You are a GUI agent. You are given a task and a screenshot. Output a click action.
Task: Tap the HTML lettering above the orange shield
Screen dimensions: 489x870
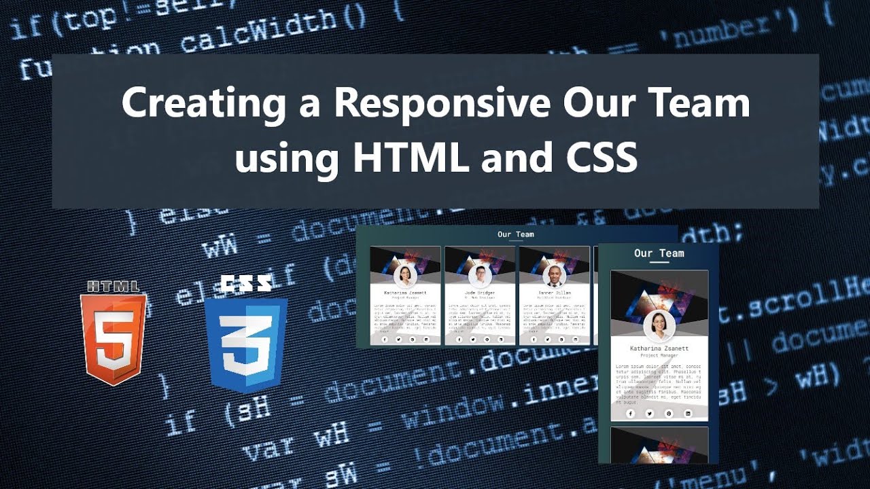coord(113,286)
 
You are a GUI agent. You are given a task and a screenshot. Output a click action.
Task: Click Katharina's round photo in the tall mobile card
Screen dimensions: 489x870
coord(659,327)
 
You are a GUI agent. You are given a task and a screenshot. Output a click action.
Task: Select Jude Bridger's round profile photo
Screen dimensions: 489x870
coord(480,276)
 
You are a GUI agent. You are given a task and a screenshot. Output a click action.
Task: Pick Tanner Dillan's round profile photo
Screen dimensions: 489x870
coord(554,276)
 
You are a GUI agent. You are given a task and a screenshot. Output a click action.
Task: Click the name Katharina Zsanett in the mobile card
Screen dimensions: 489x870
coord(659,348)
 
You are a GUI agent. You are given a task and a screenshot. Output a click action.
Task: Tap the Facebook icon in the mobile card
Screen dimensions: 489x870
coord(630,413)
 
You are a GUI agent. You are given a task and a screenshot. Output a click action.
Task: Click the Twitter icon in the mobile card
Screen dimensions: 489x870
coord(649,413)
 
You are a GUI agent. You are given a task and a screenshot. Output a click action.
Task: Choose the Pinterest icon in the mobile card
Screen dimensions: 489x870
coord(668,413)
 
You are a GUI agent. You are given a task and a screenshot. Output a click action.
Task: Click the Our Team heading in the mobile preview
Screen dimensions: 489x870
coord(659,253)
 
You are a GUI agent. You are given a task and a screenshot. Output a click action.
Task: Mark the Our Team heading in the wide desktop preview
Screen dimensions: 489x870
coord(516,234)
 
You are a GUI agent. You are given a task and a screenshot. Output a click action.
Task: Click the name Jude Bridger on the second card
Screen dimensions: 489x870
coord(479,293)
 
